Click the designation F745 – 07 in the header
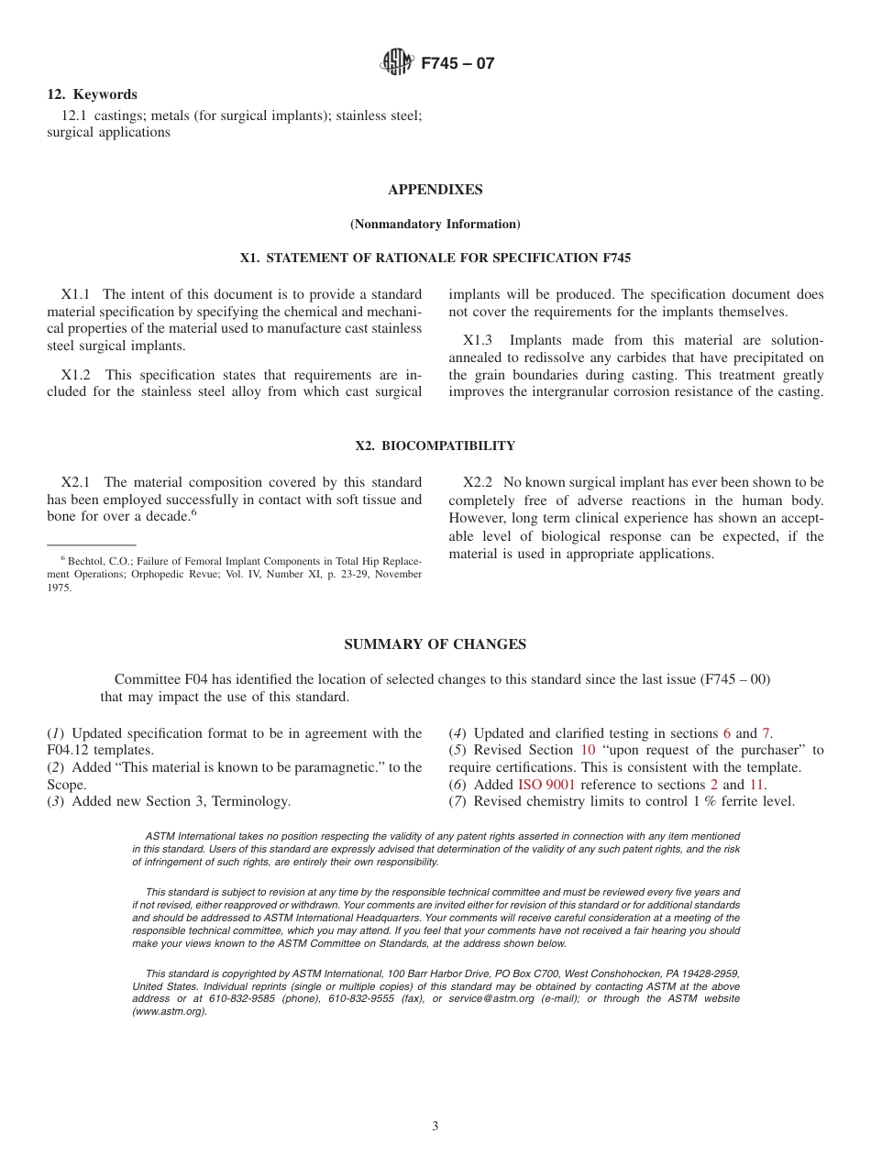tap(458, 63)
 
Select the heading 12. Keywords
tap(92, 94)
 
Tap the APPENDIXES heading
tap(435, 190)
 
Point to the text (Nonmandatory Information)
tap(435, 225)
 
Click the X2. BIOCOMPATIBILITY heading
tap(435, 446)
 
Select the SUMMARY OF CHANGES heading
tap(435, 644)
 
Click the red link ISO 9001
tap(546, 785)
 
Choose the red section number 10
tap(588, 750)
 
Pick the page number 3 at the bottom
tap(435, 1127)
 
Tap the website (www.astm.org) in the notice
tap(170, 1012)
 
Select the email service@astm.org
tap(491, 999)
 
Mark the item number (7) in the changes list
tap(458, 802)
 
